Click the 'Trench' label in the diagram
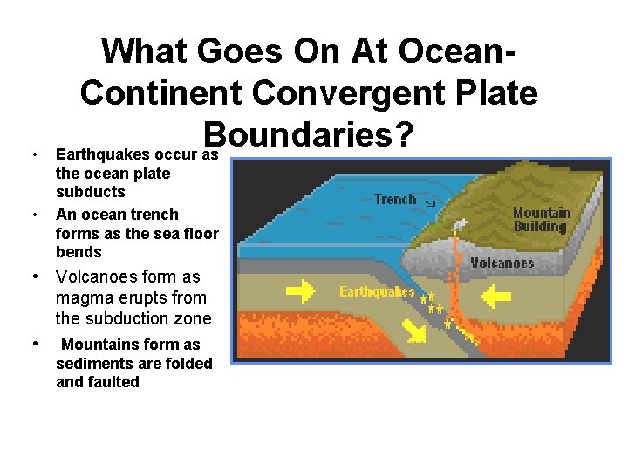coord(395,200)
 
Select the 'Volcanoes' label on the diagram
coord(502,262)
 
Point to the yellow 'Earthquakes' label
coord(377,291)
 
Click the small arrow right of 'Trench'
coord(428,202)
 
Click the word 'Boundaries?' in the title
coord(307,133)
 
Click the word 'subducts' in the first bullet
coord(90,192)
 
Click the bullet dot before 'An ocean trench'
coord(33,215)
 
